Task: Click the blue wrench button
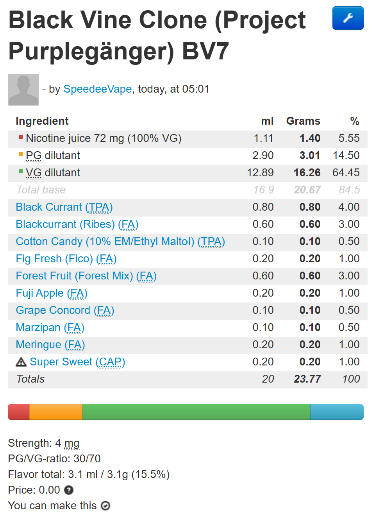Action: coord(348,18)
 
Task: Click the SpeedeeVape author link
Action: coord(98,89)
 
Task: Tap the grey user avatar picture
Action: coord(23,90)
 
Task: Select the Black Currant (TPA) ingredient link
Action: coord(64,207)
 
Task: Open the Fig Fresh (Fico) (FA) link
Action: coord(66,259)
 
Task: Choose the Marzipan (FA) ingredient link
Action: coord(50,328)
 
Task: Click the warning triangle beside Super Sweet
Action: coord(21,362)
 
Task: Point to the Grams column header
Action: coord(303,121)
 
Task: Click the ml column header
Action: coord(267,121)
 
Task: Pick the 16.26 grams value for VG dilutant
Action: coord(307,173)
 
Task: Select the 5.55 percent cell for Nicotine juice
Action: coord(349,138)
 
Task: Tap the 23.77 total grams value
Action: coord(307,379)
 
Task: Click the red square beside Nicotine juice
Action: coord(21,137)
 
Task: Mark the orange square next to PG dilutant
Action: coord(21,154)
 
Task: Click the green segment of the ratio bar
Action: coord(196,412)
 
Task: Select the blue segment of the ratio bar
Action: coord(337,412)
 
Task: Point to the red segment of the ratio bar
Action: coord(19,412)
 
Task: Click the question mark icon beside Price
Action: coord(69,490)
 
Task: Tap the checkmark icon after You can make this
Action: coord(105,506)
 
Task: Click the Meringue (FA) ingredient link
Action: coord(50,345)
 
